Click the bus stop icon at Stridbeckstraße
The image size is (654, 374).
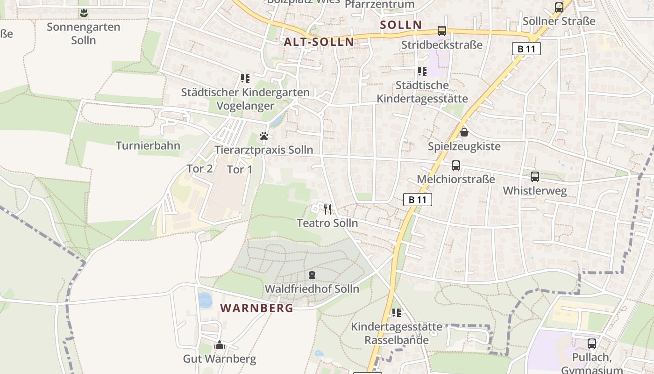coord(441,31)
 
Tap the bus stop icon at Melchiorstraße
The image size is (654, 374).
coord(455,165)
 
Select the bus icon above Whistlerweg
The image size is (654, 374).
coord(535,177)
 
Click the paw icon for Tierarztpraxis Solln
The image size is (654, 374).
coord(264,137)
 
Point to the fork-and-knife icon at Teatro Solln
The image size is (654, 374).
coord(327,209)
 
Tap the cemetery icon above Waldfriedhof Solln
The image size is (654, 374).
coord(312,275)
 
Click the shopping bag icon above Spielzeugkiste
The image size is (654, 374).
coord(464,132)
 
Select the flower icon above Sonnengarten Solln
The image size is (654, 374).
coord(84,13)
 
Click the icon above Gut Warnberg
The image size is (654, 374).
coord(220,345)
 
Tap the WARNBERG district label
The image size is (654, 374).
coord(257,308)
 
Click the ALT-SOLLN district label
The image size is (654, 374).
coord(319,42)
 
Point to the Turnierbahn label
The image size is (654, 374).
coord(148,145)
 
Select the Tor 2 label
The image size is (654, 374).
coord(200,169)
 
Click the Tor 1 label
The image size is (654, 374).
coord(240,169)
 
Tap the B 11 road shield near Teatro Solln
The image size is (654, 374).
coord(417,200)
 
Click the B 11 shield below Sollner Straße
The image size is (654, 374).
coord(526,49)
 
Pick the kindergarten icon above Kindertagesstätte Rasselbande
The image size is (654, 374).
coord(397,312)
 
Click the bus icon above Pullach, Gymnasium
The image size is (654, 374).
coord(592,344)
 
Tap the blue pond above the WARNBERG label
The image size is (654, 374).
coord(205,300)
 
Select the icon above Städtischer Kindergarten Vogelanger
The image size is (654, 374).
coord(245,78)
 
